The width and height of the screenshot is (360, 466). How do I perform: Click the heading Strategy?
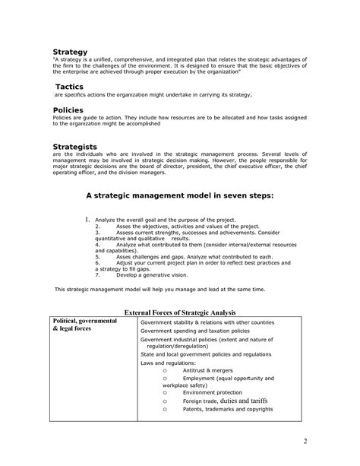pyautogui.click(x=70, y=52)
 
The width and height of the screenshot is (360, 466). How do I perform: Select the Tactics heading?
pyautogui.click(x=69, y=87)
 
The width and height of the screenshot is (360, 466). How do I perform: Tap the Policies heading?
pyautogui.click(x=68, y=110)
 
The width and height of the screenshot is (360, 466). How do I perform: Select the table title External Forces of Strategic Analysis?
pyautogui.click(x=180, y=312)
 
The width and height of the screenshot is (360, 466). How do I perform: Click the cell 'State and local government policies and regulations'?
pyautogui.click(x=206, y=354)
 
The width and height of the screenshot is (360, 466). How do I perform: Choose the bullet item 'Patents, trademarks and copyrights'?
pyautogui.click(x=227, y=409)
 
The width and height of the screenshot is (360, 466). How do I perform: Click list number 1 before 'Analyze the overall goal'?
pyautogui.click(x=88, y=220)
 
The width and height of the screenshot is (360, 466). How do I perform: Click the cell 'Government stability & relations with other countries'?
pyautogui.click(x=207, y=322)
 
